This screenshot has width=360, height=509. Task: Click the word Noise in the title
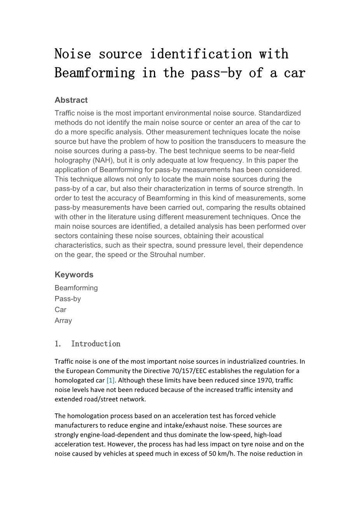tap(72, 54)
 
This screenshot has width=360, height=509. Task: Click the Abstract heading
tap(71, 100)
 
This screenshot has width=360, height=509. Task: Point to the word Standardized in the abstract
tap(280, 113)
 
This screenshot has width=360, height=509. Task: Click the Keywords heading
tap(74, 275)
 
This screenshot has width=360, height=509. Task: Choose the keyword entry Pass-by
tap(68, 299)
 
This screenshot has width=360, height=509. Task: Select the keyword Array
tap(63, 320)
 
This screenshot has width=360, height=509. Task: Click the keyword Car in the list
tap(60, 310)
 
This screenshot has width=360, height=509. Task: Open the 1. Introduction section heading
tap(87, 344)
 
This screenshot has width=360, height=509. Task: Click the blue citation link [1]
tap(110, 380)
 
